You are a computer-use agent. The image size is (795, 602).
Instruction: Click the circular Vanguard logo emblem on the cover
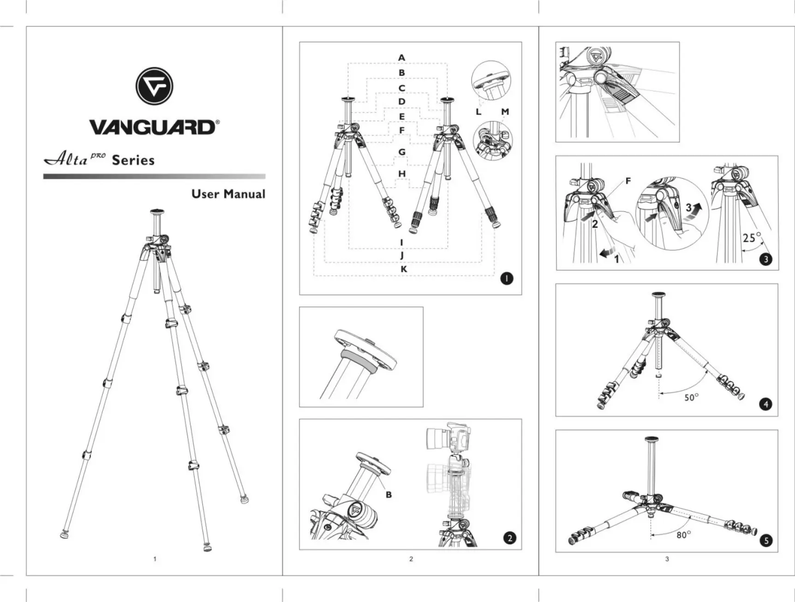click(154, 86)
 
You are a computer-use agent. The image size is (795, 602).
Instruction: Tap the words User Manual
click(228, 194)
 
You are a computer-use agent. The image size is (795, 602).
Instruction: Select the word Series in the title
click(133, 161)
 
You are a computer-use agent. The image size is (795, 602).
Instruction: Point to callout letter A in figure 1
click(401, 58)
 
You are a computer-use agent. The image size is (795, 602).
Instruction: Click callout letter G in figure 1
click(402, 152)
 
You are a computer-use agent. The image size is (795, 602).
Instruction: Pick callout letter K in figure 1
click(404, 269)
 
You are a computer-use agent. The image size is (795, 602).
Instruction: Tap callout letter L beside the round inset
click(478, 112)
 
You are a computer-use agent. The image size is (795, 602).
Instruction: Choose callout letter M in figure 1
click(505, 112)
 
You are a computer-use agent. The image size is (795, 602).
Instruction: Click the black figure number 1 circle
click(507, 278)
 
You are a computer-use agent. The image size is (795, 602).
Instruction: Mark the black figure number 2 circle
click(509, 538)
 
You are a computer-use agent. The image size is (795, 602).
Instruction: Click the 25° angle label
click(751, 238)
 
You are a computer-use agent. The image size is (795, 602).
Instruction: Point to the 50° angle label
click(691, 397)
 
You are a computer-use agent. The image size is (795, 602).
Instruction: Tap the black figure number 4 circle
click(765, 404)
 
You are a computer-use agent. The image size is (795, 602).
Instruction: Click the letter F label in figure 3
click(628, 181)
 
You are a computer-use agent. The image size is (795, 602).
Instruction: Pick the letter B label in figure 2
click(389, 494)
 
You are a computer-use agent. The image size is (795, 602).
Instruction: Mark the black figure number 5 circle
click(766, 540)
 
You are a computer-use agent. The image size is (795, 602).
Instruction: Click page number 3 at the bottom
click(667, 559)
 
